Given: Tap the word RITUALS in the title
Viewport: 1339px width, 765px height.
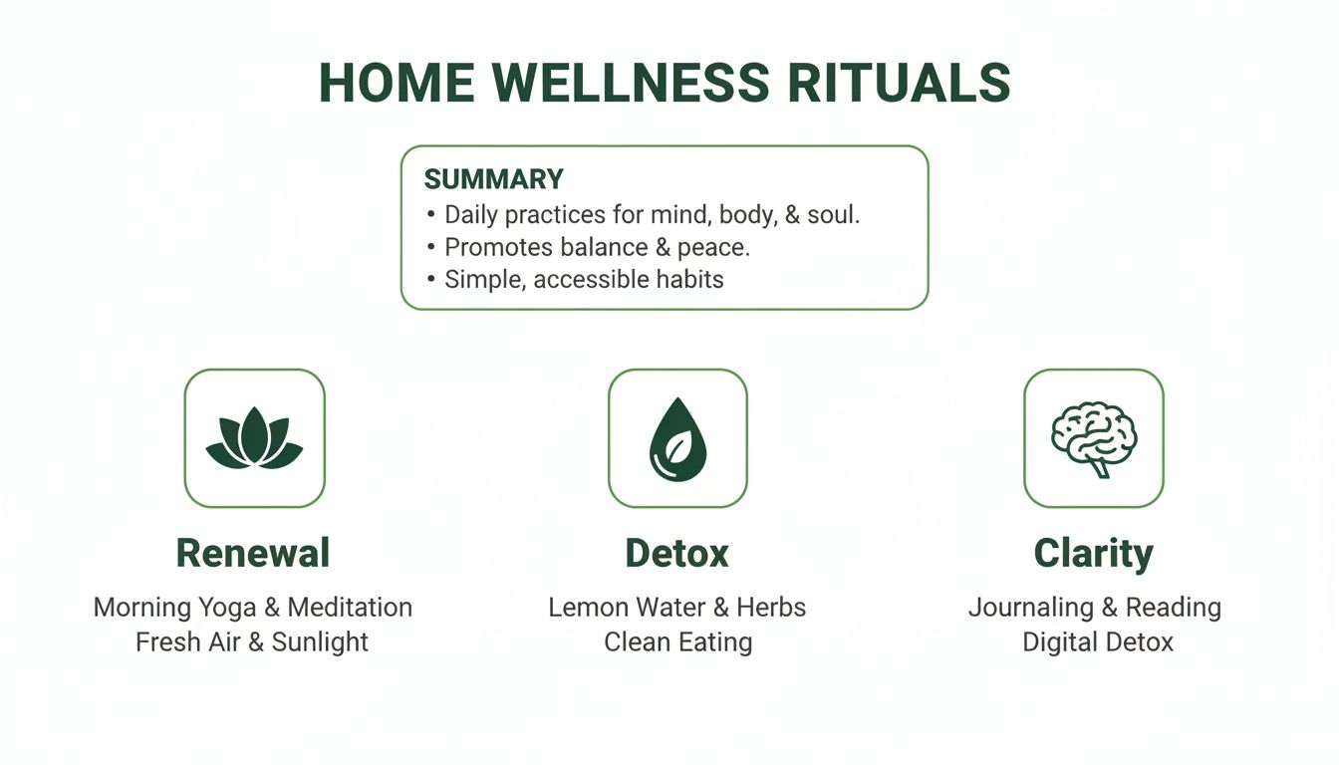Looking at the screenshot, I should pos(899,84).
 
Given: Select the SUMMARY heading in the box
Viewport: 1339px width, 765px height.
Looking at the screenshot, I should pos(493,179).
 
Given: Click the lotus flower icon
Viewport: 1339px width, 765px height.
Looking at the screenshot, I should pos(254,438).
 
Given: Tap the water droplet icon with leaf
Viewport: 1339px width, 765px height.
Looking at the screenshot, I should pos(677,438).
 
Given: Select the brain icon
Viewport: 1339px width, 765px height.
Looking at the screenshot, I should pos(1093,438).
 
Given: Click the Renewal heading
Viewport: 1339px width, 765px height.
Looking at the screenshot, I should pos(253,553).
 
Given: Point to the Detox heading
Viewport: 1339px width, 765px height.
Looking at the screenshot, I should pos(677,553).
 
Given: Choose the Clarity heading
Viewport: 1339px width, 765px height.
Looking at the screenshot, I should pos(1093,553).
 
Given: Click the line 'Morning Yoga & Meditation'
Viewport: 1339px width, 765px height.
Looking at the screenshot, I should pos(253,607).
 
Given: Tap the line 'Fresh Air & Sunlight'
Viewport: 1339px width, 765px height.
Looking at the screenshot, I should pos(252,641).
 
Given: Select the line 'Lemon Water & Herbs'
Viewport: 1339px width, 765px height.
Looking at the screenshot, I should pos(677,607).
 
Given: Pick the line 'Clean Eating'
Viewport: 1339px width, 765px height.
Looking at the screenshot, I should pos(677,641).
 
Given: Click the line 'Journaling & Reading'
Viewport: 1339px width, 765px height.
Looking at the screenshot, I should pos(1094,607).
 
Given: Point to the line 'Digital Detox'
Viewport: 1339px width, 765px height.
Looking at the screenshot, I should pos(1098,641).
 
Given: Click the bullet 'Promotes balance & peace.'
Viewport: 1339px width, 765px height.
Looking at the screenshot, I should pos(597,247).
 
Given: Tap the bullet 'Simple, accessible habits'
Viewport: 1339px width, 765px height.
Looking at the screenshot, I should pos(584,280).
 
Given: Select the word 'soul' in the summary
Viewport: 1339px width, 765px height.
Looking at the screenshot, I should pos(831,214).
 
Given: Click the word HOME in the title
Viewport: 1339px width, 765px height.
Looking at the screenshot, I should pos(393,84).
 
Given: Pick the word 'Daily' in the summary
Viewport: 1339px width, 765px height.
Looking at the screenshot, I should pos(471,214).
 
